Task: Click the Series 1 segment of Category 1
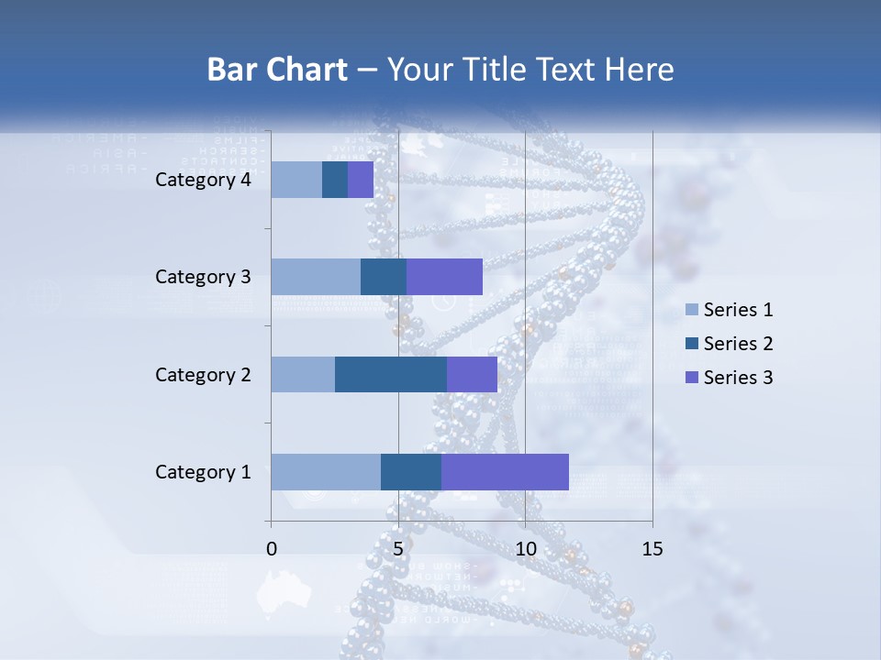click(x=326, y=471)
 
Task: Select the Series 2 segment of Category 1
click(x=411, y=471)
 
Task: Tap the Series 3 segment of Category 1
click(x=505, y=471)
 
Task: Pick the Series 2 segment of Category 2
click(x=391, y=374)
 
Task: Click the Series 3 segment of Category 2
click(x=472, y=374)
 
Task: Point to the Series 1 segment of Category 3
click(x=316, y=277)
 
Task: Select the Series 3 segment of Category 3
click(x=444, y=277)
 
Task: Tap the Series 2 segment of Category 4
click(x=335, y=180)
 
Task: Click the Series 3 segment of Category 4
click(x=361, y=180)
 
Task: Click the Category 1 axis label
click(x=203, y=472)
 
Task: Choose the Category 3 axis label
click(x=203, y=277)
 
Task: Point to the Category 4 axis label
click(x=203, y=180)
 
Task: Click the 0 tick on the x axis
click(x=272, y=549)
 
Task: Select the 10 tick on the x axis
click(x=525, y=549)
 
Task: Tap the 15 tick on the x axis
click(x=652, y=549)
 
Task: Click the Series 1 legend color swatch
click(x=691, y=310)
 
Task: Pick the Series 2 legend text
click(x=738, y=344)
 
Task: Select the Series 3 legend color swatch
click(x=691, y=378)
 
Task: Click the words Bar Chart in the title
click(x=276, y=70)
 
